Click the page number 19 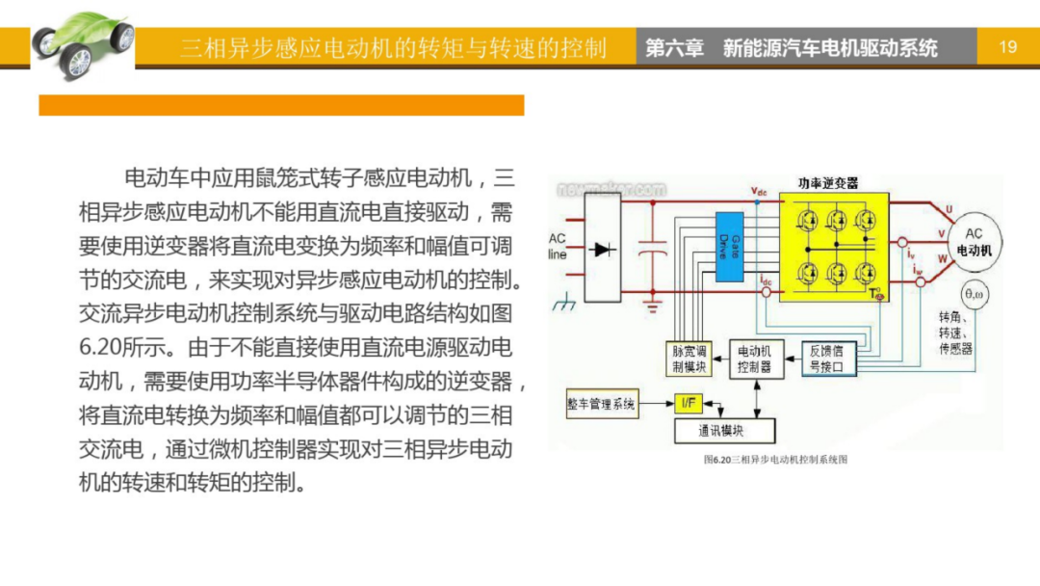coord(1008,46)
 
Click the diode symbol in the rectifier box coord(604,250)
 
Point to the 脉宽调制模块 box coord(689,360)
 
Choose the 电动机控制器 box coord(754,360)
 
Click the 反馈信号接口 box coord(826,359)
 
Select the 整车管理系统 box coord(603,404)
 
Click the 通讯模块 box coord(721,430)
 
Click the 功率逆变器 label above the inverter coord(827,183)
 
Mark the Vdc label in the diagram coord(759,192)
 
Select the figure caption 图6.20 coord(775,460)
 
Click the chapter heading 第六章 coord(674,47)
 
